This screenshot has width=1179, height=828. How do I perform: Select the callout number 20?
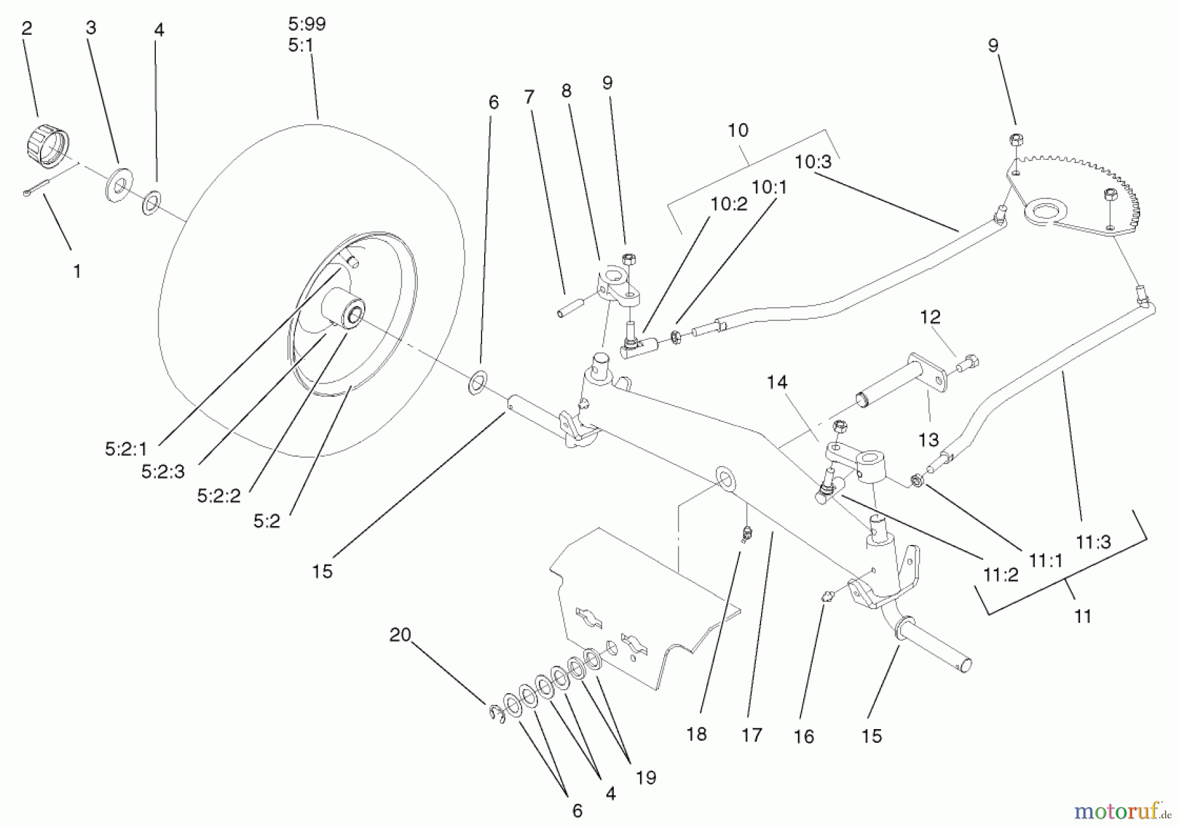pyautogui.click(x=400, y=634)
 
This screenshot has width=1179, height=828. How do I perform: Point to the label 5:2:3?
pyautogui.click(x=164, y=472)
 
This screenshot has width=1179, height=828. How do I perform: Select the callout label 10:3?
pyautogui.click(x=813, y=162)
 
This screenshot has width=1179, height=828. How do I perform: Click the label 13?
pyautogui.click(x=928, y=440)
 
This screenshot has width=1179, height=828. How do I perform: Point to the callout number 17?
pyautogui.click(x=752, y=735)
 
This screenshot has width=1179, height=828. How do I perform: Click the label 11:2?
pyautogui.click(x=1000, y=574)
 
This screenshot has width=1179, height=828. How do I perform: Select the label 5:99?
pyautogui.click(x=307, y=24)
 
